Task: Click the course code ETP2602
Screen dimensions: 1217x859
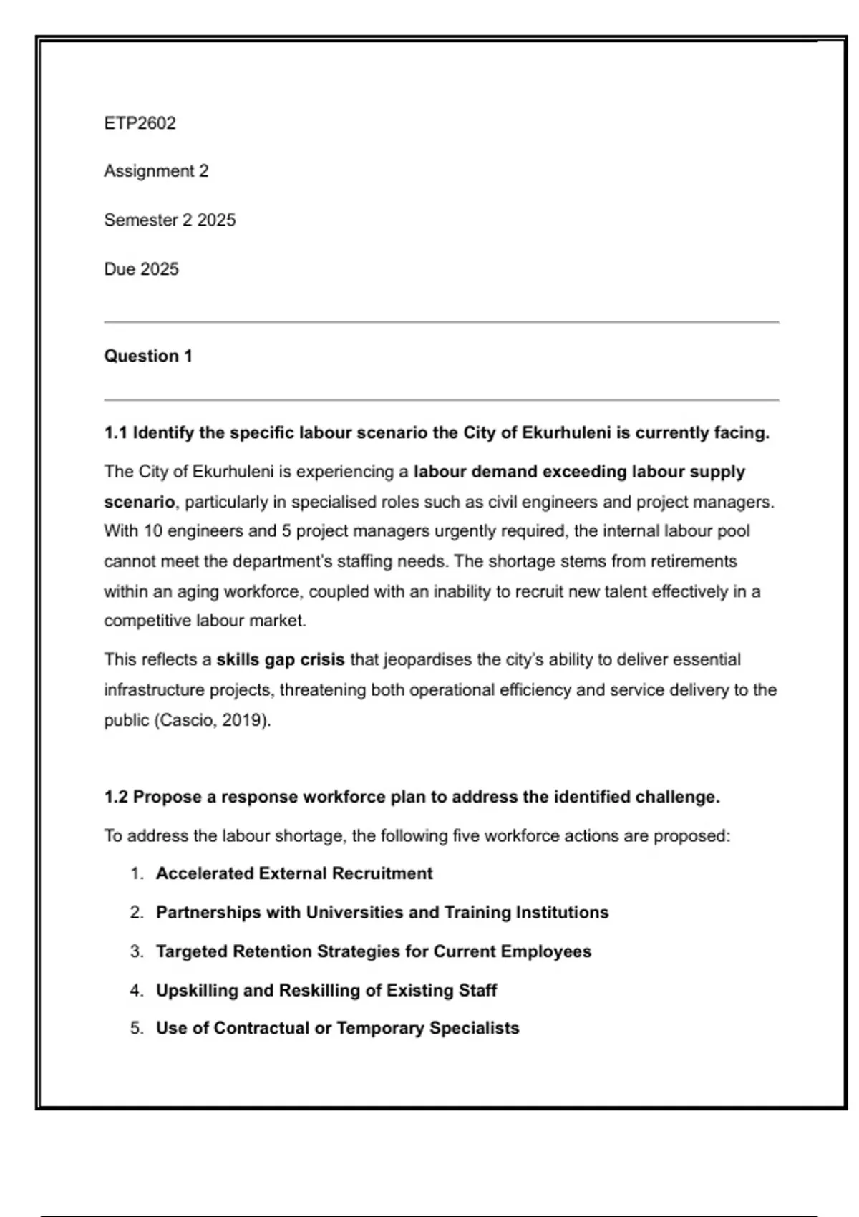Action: coord(140,123)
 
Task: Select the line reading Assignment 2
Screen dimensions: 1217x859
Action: coord(156,171)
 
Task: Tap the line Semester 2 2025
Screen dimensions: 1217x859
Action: coord(170,220)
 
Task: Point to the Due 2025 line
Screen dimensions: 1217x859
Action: coord(141,269)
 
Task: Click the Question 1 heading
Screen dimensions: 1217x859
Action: coord(148,356)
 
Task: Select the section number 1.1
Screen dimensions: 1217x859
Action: coord(115,433)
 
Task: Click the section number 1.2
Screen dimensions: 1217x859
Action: coord(115,797)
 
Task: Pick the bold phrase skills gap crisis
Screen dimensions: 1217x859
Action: coord(280,659)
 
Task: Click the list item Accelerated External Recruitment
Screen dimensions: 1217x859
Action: coord(294,873)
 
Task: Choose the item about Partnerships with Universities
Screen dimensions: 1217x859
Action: coord(382,913)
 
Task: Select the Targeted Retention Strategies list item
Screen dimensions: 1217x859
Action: coord(374,951)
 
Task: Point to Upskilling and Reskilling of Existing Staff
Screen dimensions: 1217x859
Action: coord(326,991)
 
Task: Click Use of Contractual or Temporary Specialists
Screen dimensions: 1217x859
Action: coord(338,1028)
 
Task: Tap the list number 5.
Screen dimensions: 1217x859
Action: coord(137,1028)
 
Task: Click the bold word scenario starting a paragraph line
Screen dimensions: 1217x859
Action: coord(139,502)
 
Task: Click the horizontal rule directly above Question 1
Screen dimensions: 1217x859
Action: coord(441,323)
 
